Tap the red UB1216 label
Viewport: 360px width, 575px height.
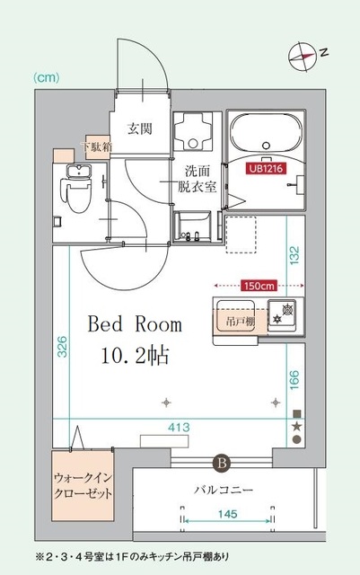268,167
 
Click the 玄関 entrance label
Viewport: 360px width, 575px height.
138,128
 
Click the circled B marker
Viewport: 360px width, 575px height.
222,464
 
